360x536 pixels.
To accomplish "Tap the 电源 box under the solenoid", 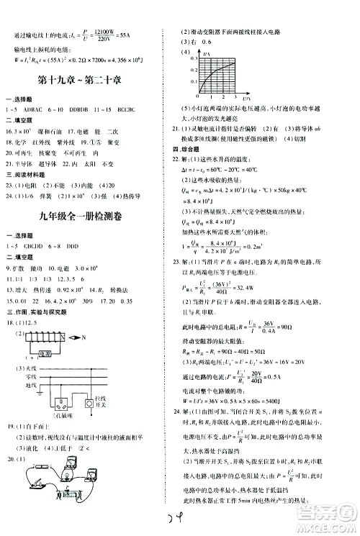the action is click(45, 355).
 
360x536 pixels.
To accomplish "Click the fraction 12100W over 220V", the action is click(91, 34).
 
